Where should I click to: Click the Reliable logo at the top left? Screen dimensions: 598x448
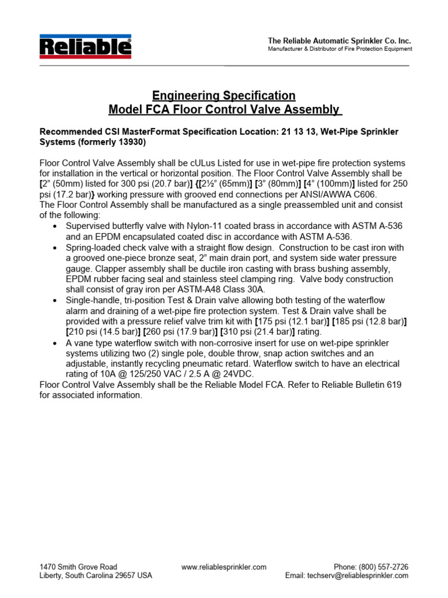coord(85,47)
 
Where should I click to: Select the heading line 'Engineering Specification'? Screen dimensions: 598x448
coord(224,95)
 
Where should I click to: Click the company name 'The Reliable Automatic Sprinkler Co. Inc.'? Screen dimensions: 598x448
coord(339,40)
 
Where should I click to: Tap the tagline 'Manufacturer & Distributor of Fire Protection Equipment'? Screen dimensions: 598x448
coord(339,49)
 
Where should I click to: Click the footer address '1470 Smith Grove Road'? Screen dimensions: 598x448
coord(78,566)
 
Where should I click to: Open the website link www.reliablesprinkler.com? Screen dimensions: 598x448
coord(224,566)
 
